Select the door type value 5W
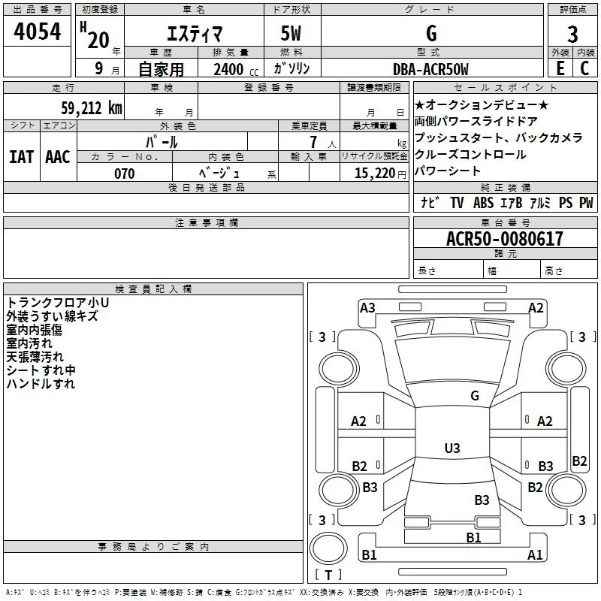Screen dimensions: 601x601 [292, 34]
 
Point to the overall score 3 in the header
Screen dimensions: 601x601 [572, 34]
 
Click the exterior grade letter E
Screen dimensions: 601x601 [560, 68]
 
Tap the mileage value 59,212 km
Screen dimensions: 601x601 [89, 107]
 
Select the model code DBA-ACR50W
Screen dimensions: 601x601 [430, 69]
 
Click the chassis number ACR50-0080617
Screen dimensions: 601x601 [504, 239]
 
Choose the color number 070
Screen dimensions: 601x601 [124, 174]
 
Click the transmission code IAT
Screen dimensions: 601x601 [21, 156]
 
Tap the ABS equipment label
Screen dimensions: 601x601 [483, 203]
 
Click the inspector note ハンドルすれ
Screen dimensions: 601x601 [41, 384]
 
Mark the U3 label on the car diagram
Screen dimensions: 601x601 [452, 448]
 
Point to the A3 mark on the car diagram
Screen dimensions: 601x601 [367, 307]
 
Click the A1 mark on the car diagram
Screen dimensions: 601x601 [535, 555]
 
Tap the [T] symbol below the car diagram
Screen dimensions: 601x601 [328, 575]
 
